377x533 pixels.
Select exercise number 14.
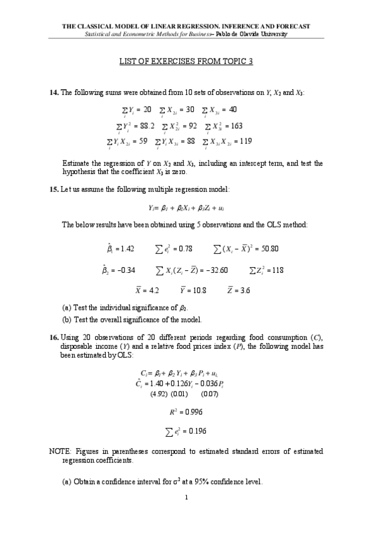pos(53,93)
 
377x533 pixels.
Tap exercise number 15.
pos(53,189)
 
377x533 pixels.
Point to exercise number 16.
pos(53,338)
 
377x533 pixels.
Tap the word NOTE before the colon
pos(60,451)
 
